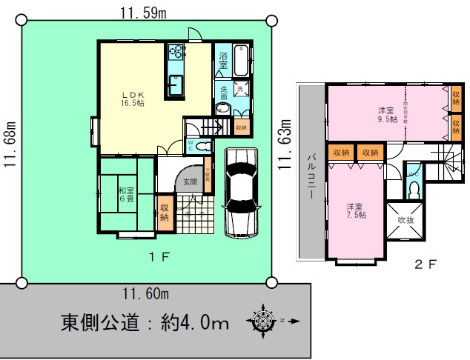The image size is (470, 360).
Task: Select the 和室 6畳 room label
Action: (125, 195)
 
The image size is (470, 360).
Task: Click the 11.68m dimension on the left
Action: (10, 144)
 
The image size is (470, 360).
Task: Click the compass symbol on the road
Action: (263, 321)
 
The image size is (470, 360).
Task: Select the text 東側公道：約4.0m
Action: (144, 322)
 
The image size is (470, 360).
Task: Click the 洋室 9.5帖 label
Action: (387, 114)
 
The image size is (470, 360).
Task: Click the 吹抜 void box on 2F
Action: (406, 220)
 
